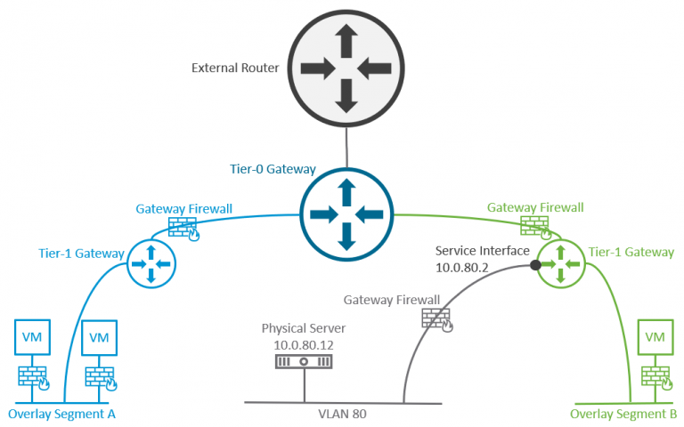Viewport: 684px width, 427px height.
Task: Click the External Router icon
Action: coord(346,67)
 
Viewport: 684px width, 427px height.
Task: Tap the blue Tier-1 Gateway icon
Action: coord(151,264)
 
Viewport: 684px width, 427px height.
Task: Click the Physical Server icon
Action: coord(304,362)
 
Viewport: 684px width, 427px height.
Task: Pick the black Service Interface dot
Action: coord(535,265)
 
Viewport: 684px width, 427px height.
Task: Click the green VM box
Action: coord(655,337)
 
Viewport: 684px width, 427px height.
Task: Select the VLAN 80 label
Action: coord(342,414)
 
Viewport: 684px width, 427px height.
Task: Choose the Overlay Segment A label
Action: coord(61,414)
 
